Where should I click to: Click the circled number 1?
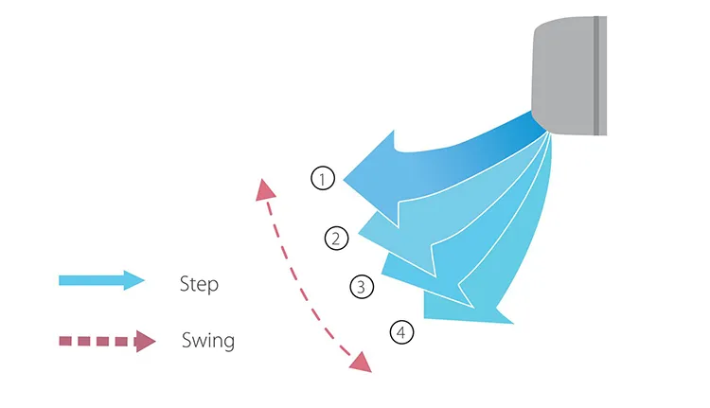coord(323,178)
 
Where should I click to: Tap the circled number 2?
coord(335,239)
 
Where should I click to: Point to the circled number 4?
coord(402,332)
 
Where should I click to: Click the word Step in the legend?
coord(199,283)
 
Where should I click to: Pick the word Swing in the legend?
coord(207,340)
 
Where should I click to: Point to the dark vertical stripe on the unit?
coord(597,73)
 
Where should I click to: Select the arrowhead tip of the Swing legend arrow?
coord(154,341)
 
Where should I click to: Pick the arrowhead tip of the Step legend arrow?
coord(143,280)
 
